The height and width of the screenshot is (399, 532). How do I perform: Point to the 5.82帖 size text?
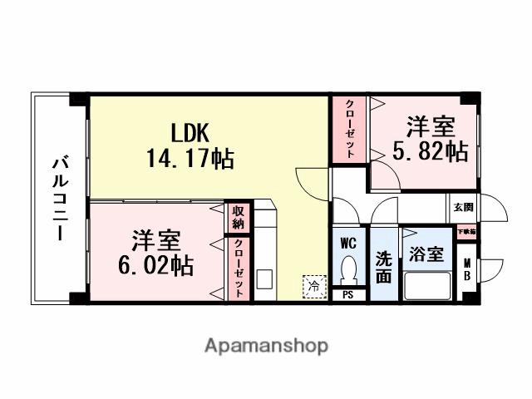430,151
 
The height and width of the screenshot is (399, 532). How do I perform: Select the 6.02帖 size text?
156,265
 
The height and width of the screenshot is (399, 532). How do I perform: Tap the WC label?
349,244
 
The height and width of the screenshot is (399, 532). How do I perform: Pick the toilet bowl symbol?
349,269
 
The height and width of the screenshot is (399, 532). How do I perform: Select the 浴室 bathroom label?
426,255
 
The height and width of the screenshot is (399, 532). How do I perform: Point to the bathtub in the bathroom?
427,287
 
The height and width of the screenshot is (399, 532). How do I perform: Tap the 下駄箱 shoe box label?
465,231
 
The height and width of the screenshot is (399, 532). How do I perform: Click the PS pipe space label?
348,293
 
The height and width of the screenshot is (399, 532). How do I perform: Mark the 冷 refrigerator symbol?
313,285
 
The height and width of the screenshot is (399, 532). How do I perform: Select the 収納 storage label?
239,218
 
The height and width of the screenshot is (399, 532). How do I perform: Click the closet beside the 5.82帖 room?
349,129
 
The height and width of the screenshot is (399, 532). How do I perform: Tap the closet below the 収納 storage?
239,268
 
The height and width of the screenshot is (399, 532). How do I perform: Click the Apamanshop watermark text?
266,345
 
